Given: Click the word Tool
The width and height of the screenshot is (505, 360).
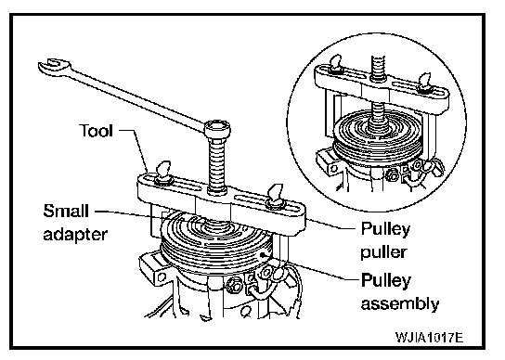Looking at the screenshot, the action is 96,131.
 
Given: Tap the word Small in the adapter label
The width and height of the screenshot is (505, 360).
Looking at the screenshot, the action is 66,211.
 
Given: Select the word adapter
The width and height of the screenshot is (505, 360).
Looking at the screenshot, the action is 75,235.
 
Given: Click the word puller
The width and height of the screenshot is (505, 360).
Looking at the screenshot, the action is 383,252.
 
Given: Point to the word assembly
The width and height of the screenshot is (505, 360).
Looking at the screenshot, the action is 400,303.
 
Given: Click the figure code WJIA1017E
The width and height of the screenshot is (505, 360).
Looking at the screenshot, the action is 429,338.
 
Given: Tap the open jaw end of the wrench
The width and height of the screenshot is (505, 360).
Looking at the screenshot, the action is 54,66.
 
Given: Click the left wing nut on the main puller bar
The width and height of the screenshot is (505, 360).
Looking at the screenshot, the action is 163,174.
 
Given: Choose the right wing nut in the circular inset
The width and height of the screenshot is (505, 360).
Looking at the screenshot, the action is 423,83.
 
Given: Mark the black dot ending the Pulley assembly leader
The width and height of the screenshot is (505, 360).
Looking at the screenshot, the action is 264,255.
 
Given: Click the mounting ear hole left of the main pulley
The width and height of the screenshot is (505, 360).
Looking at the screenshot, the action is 162,276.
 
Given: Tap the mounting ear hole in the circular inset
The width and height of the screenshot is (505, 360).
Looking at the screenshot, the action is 334,168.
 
